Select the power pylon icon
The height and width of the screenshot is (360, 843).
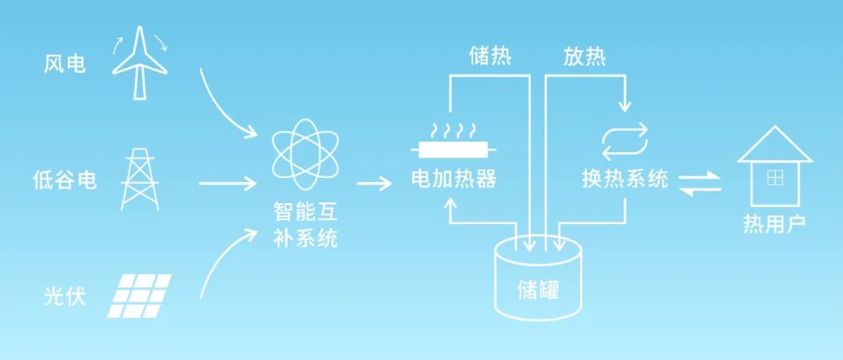pyautogui.click(x=140, y=180)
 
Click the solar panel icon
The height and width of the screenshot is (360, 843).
pyautogui.click(x=140, y=296)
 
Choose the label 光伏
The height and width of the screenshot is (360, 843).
pyautogui.click(x=65, y=298)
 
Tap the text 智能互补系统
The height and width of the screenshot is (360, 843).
pyautogui.click(x=305, y=225)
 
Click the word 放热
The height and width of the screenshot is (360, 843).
pyautogui.click(x=585, y=57)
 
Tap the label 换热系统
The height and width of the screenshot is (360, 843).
pyautogui.click(x=624, y=180)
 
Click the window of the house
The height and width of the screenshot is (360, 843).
pyautogui.click(x=774, y=178)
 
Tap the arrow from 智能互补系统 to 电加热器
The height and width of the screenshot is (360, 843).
pyautogui.click(x=375, y=185)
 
